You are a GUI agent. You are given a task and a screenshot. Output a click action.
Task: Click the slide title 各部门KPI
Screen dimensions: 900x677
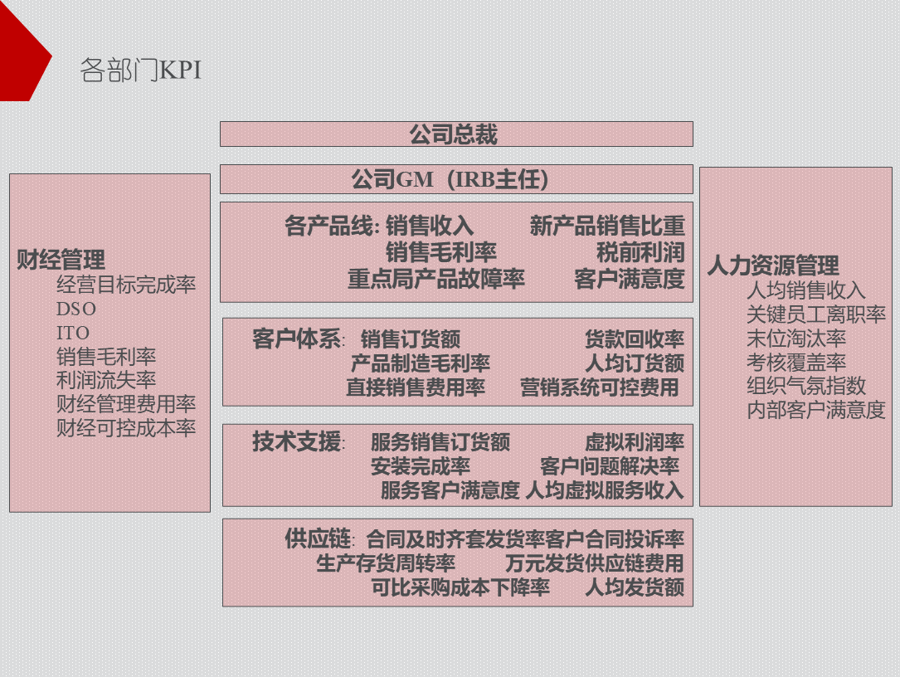pyautogui.click(x=140, y=71)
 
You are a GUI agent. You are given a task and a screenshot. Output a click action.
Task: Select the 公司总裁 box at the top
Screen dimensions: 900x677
pyautogui.click(x=455, y=134)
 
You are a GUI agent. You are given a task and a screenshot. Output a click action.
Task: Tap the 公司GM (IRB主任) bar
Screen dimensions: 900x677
pyautogui.click(x=455, y=179)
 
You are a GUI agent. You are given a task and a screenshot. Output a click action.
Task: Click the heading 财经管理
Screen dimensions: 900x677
pyautogui.click(x=61, y=260)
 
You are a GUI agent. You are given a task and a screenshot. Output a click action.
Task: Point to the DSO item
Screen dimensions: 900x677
pyautogui.click(x=76, y=309)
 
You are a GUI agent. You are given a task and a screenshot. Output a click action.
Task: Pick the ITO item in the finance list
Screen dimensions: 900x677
pyautogui.click(x=73, y=333)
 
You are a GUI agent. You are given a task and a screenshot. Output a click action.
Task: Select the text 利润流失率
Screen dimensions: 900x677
pyautogui.click(x=106, y=381)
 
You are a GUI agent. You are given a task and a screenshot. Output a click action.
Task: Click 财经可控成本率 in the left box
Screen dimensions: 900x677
pyautogui.click(x=126, y=429)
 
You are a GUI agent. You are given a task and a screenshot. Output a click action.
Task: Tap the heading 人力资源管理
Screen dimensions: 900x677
pyautogui.click(x=772, y=265)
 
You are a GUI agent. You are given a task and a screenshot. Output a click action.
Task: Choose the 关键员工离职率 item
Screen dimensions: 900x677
pyautogui.click(x=816, y=314)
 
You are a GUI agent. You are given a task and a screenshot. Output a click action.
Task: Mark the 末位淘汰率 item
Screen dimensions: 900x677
pyautogui.click(x=796, y=338)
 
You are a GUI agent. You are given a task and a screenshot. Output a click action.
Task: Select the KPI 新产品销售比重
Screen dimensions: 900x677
pyautogui.click(x=607, y=226)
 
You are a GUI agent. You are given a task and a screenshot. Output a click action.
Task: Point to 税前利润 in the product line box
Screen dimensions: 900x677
pyautogui.click(x=640, y=252)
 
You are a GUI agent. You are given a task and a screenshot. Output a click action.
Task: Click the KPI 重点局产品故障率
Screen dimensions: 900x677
pyautogui.click(x=436, y=279)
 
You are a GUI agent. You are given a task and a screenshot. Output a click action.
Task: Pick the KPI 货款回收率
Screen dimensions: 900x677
pyautogui.click(x=635, y=339)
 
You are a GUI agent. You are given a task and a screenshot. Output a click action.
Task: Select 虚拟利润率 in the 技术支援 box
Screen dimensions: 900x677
pyautogui.click(x=635, y=442)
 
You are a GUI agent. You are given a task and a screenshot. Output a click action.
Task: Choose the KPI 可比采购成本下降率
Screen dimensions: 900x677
pyautogui.click(x=460, y=588)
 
